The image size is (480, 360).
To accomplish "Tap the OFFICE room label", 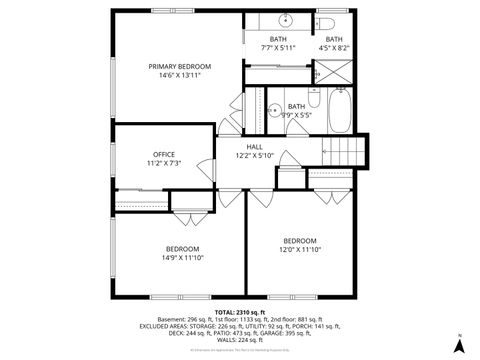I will click(164, 154).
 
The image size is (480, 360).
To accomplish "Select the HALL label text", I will click(254, 145).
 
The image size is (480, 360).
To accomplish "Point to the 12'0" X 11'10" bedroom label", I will click(299, 250).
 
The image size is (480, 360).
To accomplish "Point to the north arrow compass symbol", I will click(458, 343).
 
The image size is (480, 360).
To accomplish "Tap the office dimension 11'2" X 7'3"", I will click(164, 163).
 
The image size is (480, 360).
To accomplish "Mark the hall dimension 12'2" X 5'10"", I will click(254, 154).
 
